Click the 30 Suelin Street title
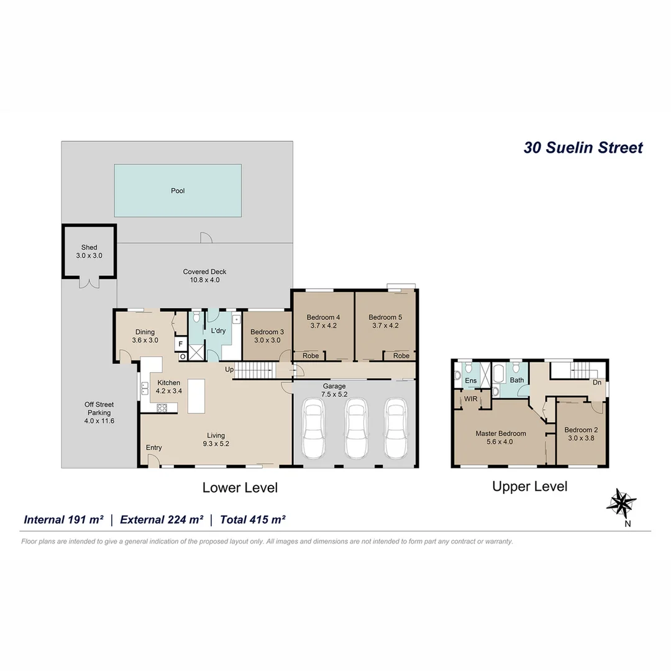[x=583, y=148]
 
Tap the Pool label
[x=178, y=191]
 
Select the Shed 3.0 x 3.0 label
[x=89, y=252]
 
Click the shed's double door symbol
[x=89, y=283]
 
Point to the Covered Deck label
[x=204, y=276]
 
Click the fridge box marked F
[x=181, y=344]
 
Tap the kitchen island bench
[x=196, y=396]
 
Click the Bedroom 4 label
[x=322, y=321]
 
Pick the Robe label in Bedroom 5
[x=401, y=356]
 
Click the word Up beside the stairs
[x=229, y=370]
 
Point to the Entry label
[x=153, y=448]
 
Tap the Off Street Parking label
[x=99, y=413]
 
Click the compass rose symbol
[x=621, y=503]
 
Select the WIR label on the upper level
[x=470, y=399]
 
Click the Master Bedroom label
[x=501, y=437]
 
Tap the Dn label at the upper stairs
[x=597, y=383]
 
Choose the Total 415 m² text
[x=252, y=519]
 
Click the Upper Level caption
[x=529, y=486]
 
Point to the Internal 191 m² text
[x=63, y=519]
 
